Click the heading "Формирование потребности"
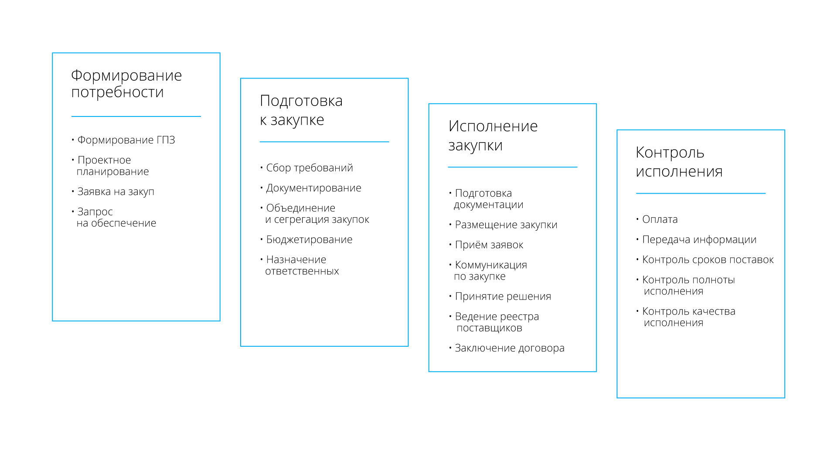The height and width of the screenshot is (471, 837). pyautogui.click(x=126, y=84)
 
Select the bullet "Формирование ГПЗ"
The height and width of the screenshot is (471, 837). pyautogui.click(x=126, y=140)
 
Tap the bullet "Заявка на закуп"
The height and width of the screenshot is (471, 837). pyautogui.click(x=116, y=191)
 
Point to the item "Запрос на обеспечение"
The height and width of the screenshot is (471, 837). pyautogui.click(x=116, y=217)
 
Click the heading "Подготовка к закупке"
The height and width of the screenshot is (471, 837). pyautogui.click(x=301, y=110)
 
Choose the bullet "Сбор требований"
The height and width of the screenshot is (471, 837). pyautogui.click(x=309, y=168)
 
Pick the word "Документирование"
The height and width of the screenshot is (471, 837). pyautogui.click(x=313, y=188)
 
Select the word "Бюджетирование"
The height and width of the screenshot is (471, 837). pyautogui.click(x=309, y=239)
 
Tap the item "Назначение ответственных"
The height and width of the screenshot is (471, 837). pyautogui.click(x=302, y=265)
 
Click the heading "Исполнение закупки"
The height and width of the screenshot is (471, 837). pyautogui.click(x=493, y=135)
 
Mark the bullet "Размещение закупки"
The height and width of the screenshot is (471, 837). pyautogui.click(x=506, y=225)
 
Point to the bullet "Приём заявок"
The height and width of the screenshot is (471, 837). pyautogui.click(x=489, y=245)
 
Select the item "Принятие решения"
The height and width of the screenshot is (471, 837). pyautogui.click(x=503, y=297)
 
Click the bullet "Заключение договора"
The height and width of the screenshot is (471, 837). pyautogui.click(x=509, y=348)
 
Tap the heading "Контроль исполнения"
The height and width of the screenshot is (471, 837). pyautogui.click(x=679, y=161)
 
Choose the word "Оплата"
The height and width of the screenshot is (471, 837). pyautogui.click(x=660, y=219)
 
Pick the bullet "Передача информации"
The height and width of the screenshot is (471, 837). pyautogui.click(x=699, y=239)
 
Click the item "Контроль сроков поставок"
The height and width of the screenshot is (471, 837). pyautogui.click(x=708, y=260)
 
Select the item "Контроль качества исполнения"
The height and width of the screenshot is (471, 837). pyautogui.click(x=688, y=317)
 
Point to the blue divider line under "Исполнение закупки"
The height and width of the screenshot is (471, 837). pyautogui.click(x=512, y=167)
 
